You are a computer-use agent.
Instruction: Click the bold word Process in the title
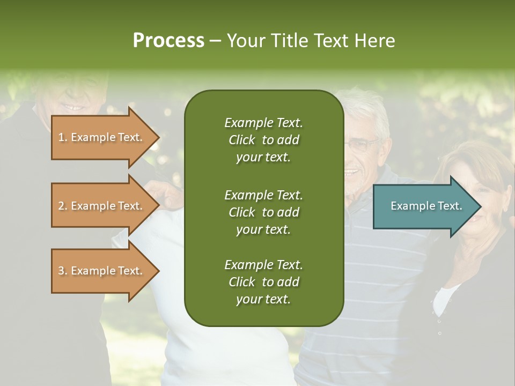point(168,41)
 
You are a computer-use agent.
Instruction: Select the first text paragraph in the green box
point(263,140)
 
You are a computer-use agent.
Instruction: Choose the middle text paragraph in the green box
point(263,212)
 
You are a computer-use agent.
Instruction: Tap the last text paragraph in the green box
point(263,282)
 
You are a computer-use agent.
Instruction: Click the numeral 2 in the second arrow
point(61,206)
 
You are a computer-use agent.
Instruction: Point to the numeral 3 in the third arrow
point(61,271)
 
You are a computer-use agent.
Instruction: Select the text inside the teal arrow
point(426,206)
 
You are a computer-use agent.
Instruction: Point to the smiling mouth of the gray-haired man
point(351,173)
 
